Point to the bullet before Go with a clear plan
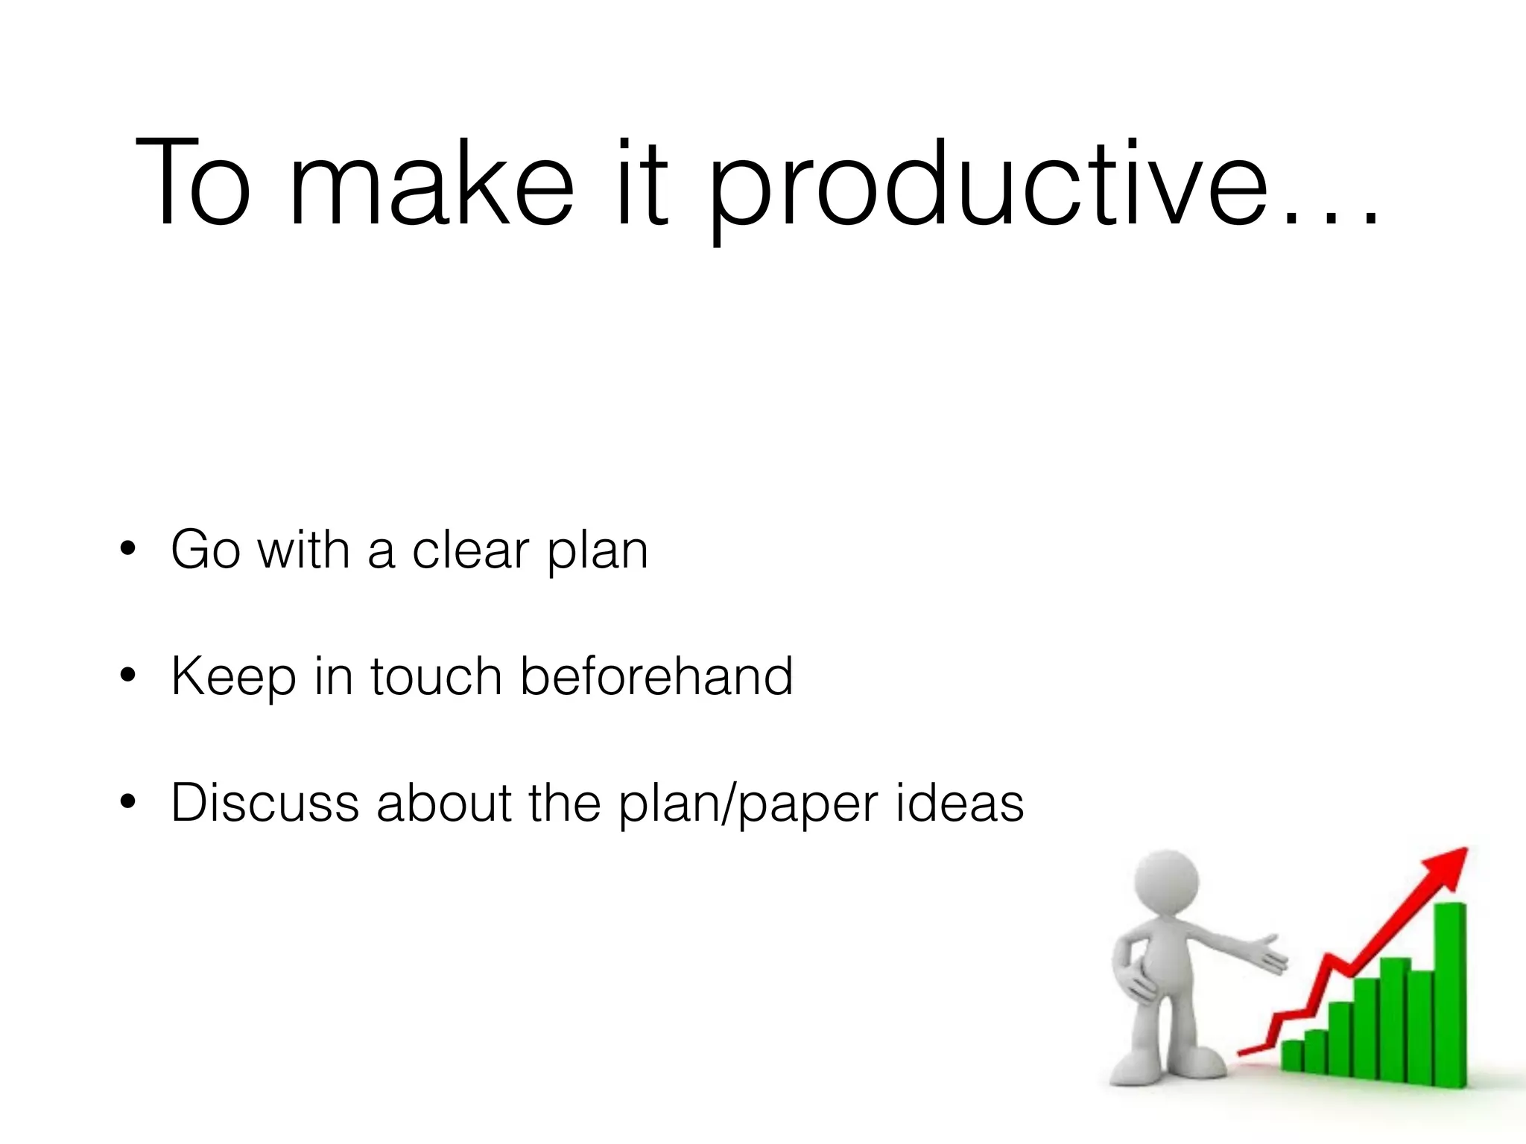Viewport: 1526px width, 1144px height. (x=128, y=550)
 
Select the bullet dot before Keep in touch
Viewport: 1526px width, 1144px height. (x=128, y=676)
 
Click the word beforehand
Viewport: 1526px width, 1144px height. (x=656, y=676)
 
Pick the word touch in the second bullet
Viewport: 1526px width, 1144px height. (x=436, y=676)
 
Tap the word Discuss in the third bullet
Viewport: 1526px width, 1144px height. (x=265, y=802)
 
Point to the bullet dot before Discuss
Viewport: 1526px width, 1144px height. (x=128, y=802)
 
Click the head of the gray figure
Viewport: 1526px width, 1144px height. (x=1166, y=883)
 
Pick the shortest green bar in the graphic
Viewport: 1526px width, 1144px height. (x=1291, y=1055)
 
